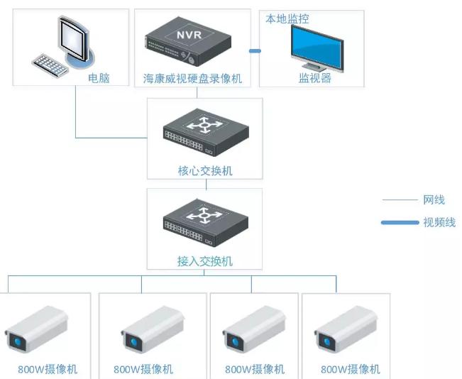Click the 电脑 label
99,78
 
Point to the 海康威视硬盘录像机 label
192,79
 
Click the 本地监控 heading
287,18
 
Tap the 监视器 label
315,78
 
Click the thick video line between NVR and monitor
254,50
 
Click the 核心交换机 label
204,171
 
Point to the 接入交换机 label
204,261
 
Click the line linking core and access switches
205,184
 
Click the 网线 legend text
434,200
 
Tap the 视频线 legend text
439,222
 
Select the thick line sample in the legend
400,223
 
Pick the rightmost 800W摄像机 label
350,369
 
